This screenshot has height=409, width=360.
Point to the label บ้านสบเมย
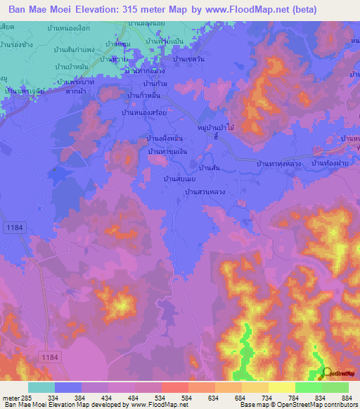[179, 179]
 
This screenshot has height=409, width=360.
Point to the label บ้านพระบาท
[71, 82]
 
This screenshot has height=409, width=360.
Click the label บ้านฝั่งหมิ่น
[166, 138]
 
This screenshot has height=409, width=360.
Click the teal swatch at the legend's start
[41, 387]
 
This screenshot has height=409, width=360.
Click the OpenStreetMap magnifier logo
[326, 374]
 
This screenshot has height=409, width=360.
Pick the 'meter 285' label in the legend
[13, 398]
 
